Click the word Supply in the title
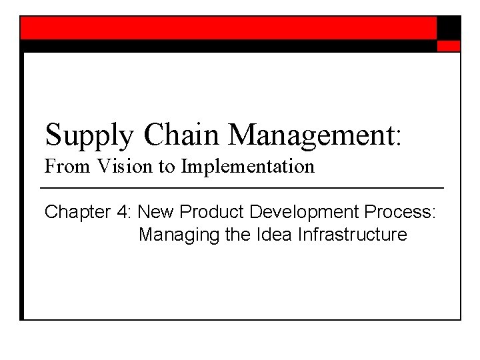[x=90, y=135]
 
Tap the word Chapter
[x=75, y=213]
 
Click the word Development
[x=297, y=213]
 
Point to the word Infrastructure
[x=355, y=235]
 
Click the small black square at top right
[x=449, y=27]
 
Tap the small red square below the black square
[x=449, y=46]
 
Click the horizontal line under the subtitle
[x=244, y=187]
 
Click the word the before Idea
[x=239, y=235]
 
